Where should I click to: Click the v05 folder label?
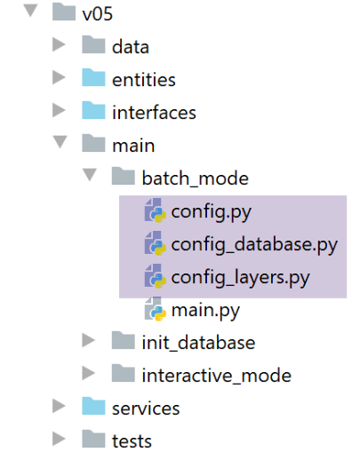(x=98, y=14)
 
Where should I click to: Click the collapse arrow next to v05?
(x=30, y=12)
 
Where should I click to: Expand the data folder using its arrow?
(x=59, y=44)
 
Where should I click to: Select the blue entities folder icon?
(x=93, y=77)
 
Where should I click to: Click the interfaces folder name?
(x=154, y=113)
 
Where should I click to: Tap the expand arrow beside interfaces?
(x=59, y=110)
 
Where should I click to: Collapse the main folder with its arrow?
(x=60, y=142)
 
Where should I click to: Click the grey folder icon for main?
(x=93, y=143)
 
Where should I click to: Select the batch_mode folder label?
(x=196, y=178)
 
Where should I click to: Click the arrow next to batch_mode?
(x=90, y=175)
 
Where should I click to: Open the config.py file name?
(x=212, y=212)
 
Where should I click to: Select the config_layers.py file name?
(x=240, y=278)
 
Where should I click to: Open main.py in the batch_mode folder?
(x=205, y=311)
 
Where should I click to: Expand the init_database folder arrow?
(x=89, y=340)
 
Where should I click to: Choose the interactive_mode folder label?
(x=217, y=376)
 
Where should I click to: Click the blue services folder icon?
(x=93, y=406)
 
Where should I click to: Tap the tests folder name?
(x=132, y=441)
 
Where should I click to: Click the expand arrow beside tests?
(x=59, y=439)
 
